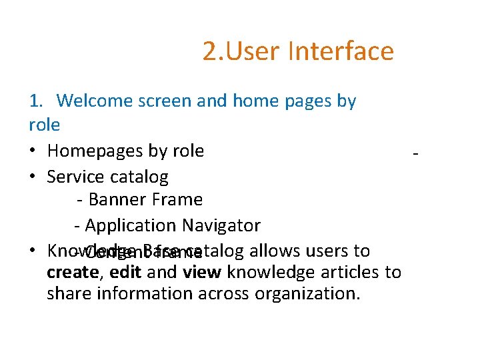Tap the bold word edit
coord(125,273)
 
